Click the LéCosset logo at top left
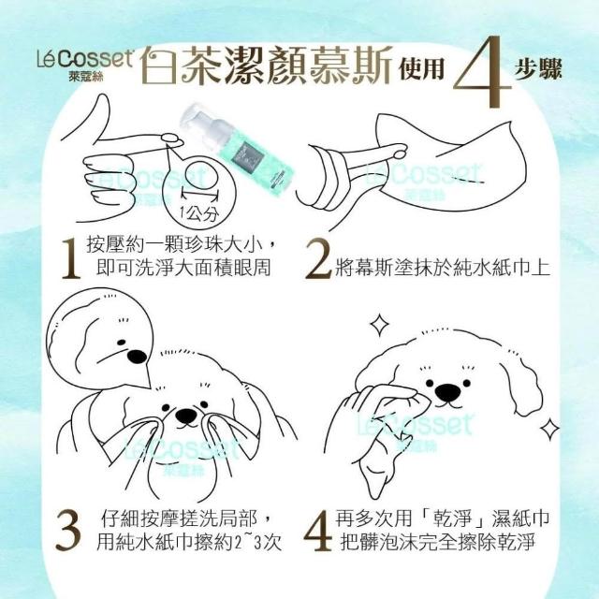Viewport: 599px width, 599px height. (85, 65)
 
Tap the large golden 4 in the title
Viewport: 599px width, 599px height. (482, 73)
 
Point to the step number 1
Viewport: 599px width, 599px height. (71, 258)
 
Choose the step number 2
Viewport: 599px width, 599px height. (318, 258)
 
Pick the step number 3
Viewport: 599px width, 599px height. (68, 531)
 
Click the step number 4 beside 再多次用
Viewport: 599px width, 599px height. (318, 531)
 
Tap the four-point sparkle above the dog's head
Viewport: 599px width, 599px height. (379, 325)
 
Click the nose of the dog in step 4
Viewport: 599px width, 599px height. (448, 392)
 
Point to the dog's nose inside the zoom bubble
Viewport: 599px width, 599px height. (137, 357)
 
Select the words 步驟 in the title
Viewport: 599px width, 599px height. (538, 69)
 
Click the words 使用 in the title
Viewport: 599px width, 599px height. (421, 69)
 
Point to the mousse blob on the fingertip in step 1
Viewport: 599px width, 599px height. (172, 139)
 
